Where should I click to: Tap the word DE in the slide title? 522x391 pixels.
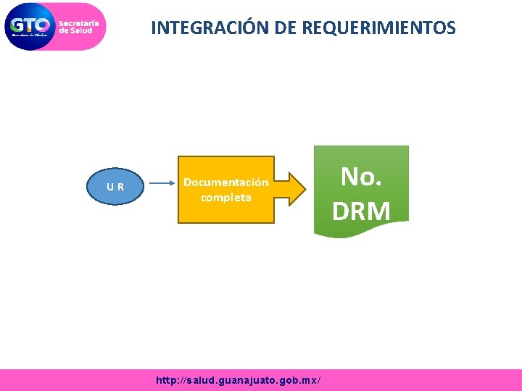click(x=285, y=28)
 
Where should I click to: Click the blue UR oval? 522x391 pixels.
click(x=115, y=187)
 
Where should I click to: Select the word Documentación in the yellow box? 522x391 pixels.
click(x=225, y=182)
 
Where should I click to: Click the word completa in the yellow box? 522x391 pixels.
click(x=225, y=197)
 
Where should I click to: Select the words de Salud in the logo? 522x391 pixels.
click(x=75, y=30)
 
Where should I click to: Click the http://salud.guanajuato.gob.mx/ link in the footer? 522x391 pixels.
click(x=239, y=380)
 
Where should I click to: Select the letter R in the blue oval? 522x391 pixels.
click(x=120, y=187)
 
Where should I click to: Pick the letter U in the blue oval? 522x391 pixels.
click(x=110, y=187)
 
